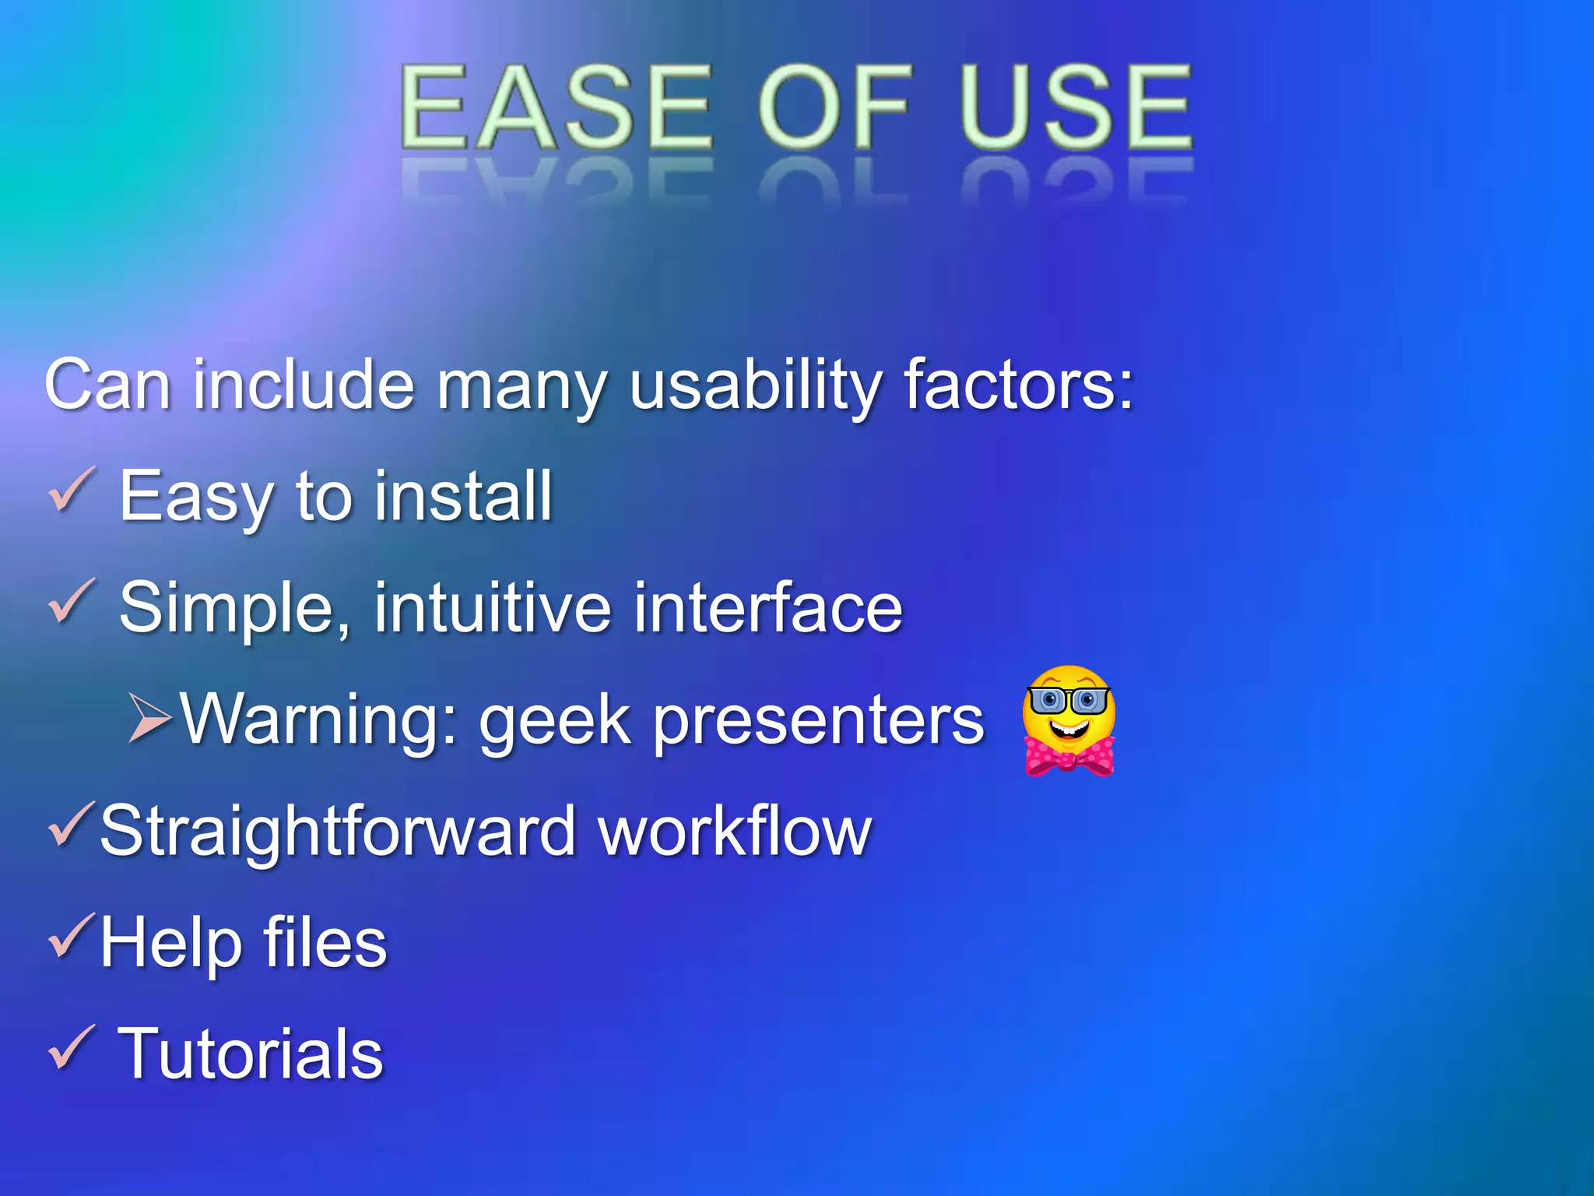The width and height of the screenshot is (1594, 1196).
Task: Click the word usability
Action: (x=755, y=385)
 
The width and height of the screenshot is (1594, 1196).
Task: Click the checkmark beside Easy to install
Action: (x=72, y=491)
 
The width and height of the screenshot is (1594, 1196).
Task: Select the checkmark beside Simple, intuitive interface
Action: (x=72, y=602)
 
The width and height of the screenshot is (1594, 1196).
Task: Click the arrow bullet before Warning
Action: (x=149, y=716)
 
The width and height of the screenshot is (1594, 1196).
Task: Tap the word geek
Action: (x=554, y=722)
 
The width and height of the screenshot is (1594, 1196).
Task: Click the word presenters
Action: (x=818, y=722)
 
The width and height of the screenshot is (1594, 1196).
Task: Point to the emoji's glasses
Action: (x=1069, y=701)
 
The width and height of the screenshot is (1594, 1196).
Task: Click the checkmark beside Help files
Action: (x=72, y=936)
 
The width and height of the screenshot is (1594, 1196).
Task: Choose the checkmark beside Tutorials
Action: (x=72, y=1048)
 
